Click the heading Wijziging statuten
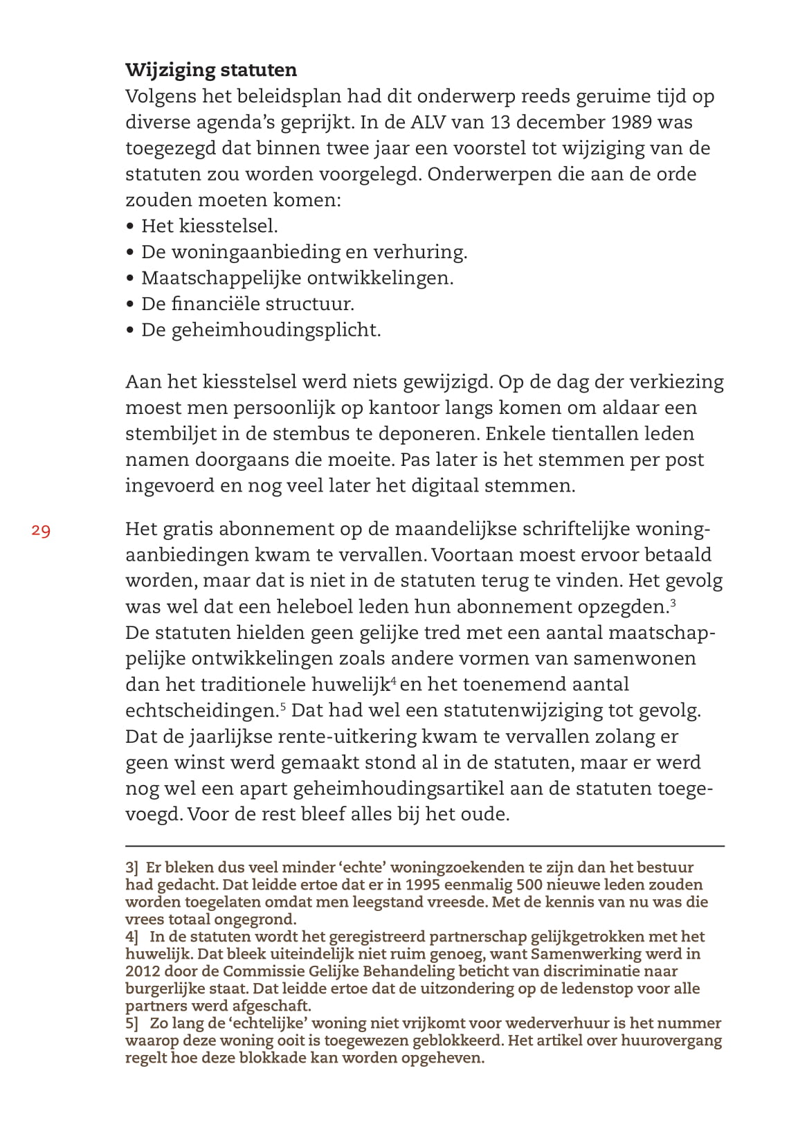[211, 70]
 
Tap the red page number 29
[41, 531]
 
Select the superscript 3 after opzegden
[673, 602]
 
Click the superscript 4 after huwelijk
[393, 680]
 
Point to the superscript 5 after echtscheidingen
[283, 706]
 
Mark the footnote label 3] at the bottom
[132, 867]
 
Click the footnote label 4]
[132, 937]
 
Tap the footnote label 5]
[132, 1023]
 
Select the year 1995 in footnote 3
[422, 885]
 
